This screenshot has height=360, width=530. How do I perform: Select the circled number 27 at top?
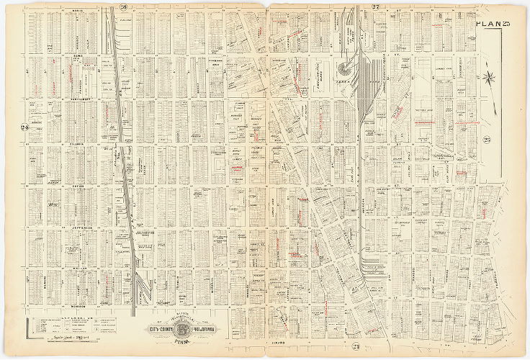[x=375, y=7]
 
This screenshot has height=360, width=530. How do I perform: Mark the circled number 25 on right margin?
[x=486, y=139]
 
